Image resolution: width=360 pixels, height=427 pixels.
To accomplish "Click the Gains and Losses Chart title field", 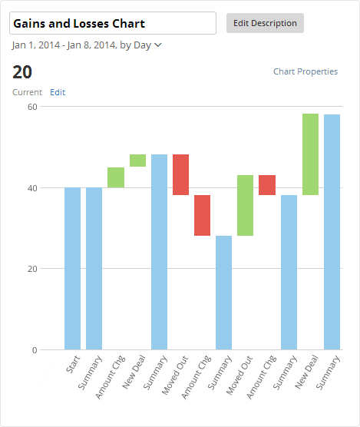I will [112, 23].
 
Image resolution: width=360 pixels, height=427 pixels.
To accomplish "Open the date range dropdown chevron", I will [158, 45].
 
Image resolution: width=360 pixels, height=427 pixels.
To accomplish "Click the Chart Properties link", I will [306, 71].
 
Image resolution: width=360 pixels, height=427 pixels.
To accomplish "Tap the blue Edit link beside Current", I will [58, 92].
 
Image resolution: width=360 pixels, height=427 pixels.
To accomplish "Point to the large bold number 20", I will [22, 72].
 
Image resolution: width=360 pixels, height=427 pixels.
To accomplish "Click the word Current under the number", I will [27, 92].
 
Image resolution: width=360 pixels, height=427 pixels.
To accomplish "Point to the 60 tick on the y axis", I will [32, 107].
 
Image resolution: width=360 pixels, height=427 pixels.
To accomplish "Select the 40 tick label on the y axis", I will [32, 187].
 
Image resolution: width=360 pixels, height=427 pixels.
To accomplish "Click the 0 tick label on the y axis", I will [34, 350].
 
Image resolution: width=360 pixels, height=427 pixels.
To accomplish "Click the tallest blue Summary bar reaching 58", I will [332, 232].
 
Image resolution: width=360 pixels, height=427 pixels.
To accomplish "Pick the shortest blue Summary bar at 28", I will [223, 293].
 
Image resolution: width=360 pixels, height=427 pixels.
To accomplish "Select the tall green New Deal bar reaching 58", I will [310, 154].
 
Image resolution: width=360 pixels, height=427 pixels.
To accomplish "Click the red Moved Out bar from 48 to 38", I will [180, 174].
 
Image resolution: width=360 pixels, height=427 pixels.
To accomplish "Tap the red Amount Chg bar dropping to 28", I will [202, 215].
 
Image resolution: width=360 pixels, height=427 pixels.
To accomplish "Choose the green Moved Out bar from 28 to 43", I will [245, 205].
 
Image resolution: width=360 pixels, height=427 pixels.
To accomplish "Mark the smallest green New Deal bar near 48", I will [137, 161].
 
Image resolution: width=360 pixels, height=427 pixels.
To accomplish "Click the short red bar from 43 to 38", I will [266, 185].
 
